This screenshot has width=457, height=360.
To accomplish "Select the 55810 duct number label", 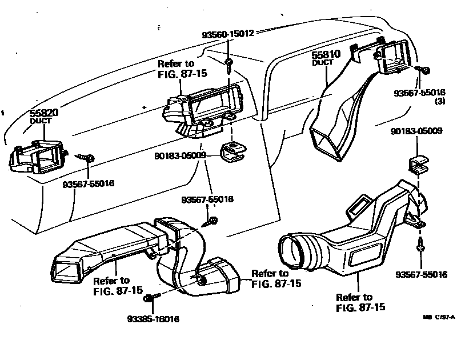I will pos(326,55).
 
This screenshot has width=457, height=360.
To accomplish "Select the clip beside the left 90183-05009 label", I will pos(231,151).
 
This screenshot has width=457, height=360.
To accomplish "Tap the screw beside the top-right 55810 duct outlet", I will pos(424,71).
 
